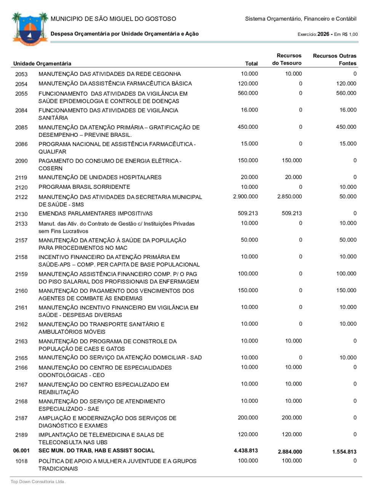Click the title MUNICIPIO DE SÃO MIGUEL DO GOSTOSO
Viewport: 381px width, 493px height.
(113, 19)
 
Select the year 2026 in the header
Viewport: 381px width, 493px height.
(323, 34)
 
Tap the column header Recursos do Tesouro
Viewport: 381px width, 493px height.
(287, 59)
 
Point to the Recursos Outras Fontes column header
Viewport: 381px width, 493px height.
(335, 59)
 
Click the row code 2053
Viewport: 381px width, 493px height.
(21, 74)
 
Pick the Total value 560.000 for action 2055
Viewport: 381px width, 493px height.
(248, 93)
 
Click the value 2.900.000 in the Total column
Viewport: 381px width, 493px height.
(245, 197)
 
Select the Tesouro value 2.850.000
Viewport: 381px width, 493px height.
(290, 197)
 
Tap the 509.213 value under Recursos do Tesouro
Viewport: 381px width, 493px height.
(292, 213)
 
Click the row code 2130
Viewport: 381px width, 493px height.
(21, 214)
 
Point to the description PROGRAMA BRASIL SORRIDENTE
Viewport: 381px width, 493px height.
(84, 187)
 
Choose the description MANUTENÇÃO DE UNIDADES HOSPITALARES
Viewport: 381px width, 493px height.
(100, 178)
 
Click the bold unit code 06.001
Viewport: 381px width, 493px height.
(21, 451)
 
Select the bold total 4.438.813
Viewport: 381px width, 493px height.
(246, 451)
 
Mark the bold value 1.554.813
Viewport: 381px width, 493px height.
(344, 452)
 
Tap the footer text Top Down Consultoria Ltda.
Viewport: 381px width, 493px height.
(38, 482)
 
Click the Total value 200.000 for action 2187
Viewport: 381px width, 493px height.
(248, 418)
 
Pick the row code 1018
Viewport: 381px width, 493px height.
(21, 461)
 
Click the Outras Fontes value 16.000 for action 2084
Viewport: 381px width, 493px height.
(348, 110)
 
